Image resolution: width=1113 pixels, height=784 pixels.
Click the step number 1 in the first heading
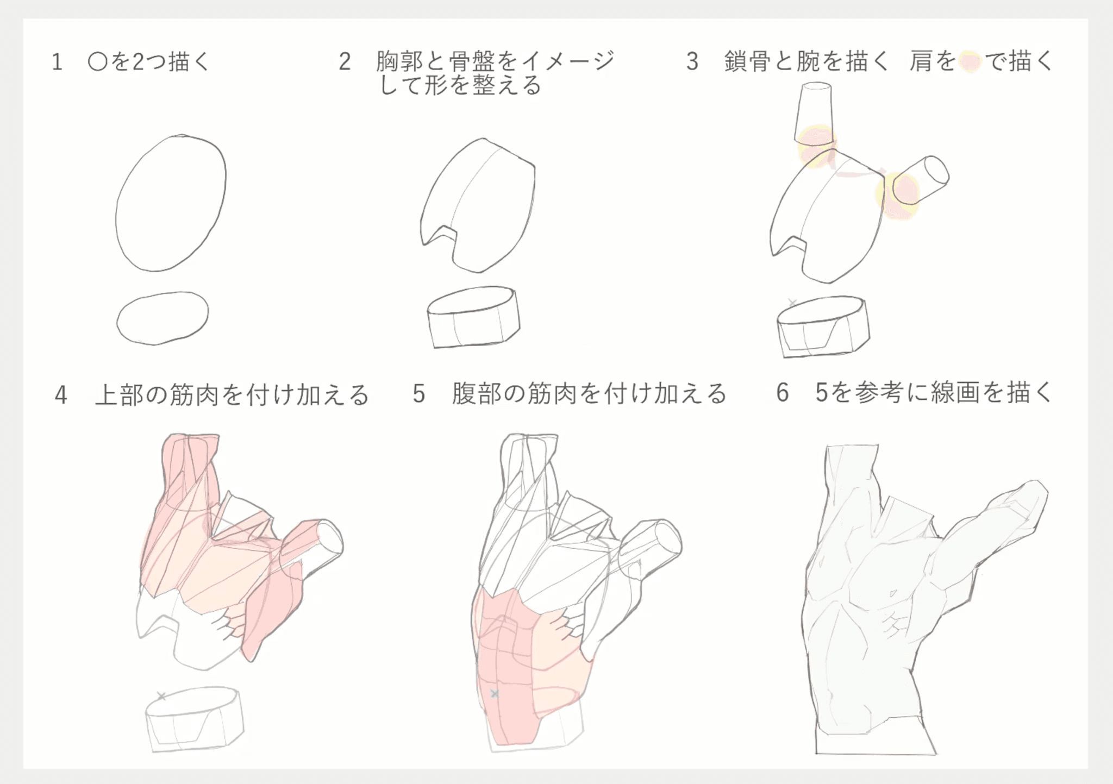[57, 62]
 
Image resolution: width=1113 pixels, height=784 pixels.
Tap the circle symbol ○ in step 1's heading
[97, 62]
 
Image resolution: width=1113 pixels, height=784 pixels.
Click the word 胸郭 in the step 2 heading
[399, 61]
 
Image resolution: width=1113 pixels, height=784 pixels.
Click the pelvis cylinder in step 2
[473, 317]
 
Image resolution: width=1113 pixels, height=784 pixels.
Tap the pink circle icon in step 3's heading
[970, 62]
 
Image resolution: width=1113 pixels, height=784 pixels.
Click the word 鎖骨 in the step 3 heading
[748, 61]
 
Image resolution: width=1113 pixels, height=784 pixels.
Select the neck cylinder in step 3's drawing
[814, 114]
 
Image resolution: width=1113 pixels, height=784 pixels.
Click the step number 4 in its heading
[61, 395]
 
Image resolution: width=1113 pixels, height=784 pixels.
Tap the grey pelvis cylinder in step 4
[195, 719]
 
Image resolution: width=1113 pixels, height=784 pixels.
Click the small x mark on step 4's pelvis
[161, 696]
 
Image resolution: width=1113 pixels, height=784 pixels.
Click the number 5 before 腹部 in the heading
[418, 394]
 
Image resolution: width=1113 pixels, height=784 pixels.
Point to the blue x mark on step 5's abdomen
[495, 694]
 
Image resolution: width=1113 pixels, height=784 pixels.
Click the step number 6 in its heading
[783, 393]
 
